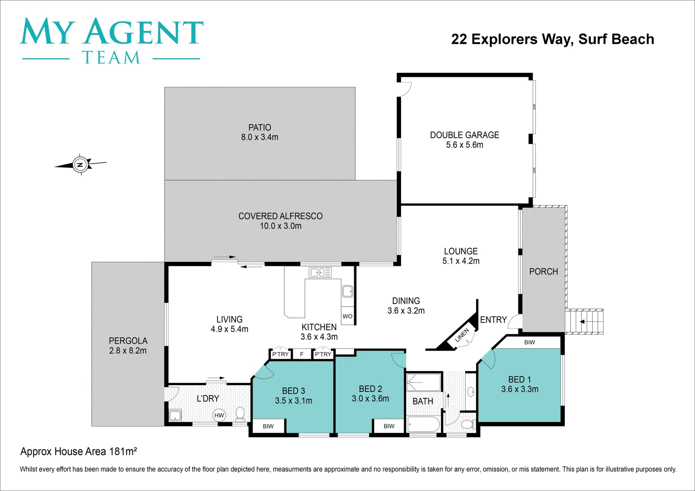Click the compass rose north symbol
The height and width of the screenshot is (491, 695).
[81, 165]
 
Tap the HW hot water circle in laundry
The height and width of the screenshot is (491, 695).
[219, 415]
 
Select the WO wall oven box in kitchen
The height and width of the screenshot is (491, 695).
[347, 316]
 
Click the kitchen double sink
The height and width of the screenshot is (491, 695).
[320, 272]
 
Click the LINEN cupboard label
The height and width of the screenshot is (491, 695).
[462, 336]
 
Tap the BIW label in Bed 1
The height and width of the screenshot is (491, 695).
[529, 342]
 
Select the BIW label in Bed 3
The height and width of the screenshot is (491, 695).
[268, 426]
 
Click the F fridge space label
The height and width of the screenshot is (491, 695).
[302, 354]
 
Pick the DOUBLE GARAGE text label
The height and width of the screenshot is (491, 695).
[464, 135]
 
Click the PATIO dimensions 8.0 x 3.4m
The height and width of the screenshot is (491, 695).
[259, 137]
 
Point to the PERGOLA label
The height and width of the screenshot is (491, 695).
[128, 341]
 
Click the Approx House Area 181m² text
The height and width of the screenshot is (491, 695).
[79, 451]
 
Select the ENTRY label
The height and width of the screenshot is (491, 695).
[493, 320]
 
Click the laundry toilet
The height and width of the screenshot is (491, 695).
[240, 413]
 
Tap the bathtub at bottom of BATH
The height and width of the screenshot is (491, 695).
[424, 424]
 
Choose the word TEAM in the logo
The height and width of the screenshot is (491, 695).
[111, 58]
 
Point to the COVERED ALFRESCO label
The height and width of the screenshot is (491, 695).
[280, 216]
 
